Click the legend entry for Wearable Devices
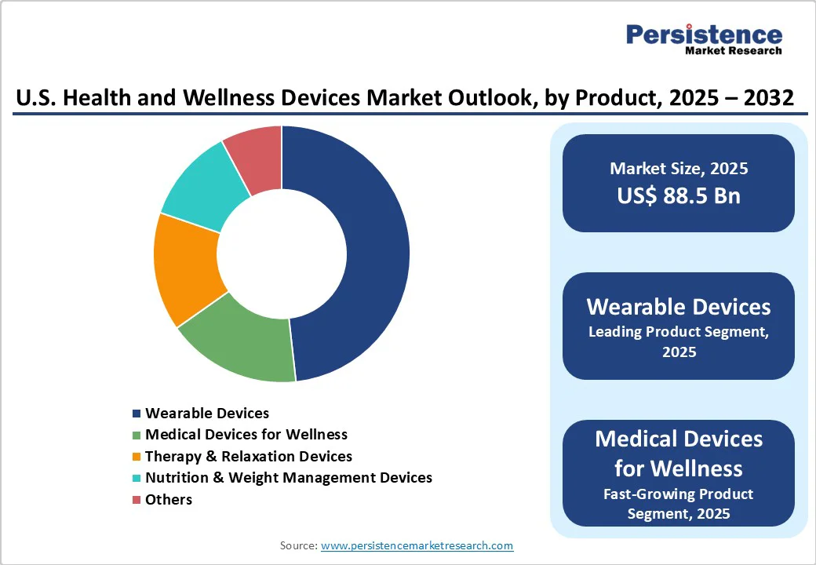(207, 413)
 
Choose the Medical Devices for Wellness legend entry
(246, 434)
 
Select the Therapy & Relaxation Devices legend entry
(249, 456)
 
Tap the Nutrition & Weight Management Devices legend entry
(289, 477)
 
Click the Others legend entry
(169, 499)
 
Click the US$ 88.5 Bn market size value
(679, 195)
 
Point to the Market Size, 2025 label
(679, 169)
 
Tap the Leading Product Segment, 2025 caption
(679, 341)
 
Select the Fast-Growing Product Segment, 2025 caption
(679, 504)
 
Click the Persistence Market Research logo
(703, 39)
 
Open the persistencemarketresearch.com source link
(417, 545)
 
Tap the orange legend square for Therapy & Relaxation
(137, 457)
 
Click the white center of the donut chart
(282, 253)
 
